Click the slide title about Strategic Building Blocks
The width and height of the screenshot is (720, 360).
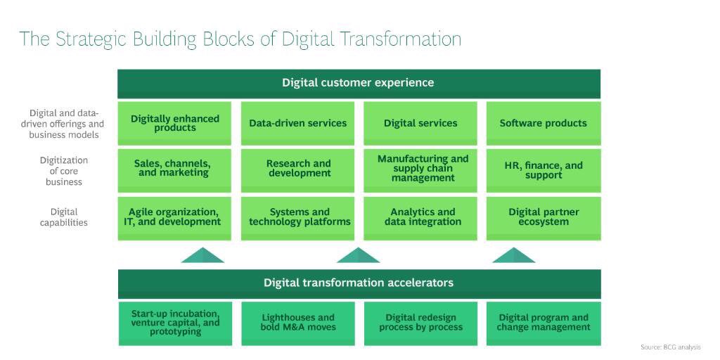240,39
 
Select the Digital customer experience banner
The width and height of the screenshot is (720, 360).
359,83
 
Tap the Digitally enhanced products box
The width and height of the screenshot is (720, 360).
175,123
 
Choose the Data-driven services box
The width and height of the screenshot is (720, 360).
298,123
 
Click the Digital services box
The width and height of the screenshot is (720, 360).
420,123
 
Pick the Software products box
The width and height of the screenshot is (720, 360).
544,123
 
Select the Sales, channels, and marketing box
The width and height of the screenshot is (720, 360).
175,169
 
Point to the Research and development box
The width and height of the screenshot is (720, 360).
298,169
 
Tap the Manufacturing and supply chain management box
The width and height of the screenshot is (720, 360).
420,169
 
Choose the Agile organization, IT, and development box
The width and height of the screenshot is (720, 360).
175,217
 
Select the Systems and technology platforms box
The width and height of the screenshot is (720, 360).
298,217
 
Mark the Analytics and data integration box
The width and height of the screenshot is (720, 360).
420,217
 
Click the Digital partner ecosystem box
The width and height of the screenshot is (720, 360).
544,217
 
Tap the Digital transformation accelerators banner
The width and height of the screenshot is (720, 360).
359,283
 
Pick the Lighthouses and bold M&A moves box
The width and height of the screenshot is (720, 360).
298,323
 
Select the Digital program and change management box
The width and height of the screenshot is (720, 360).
544,323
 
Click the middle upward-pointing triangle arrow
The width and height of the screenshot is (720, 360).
359,256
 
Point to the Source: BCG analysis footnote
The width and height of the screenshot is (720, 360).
671,347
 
